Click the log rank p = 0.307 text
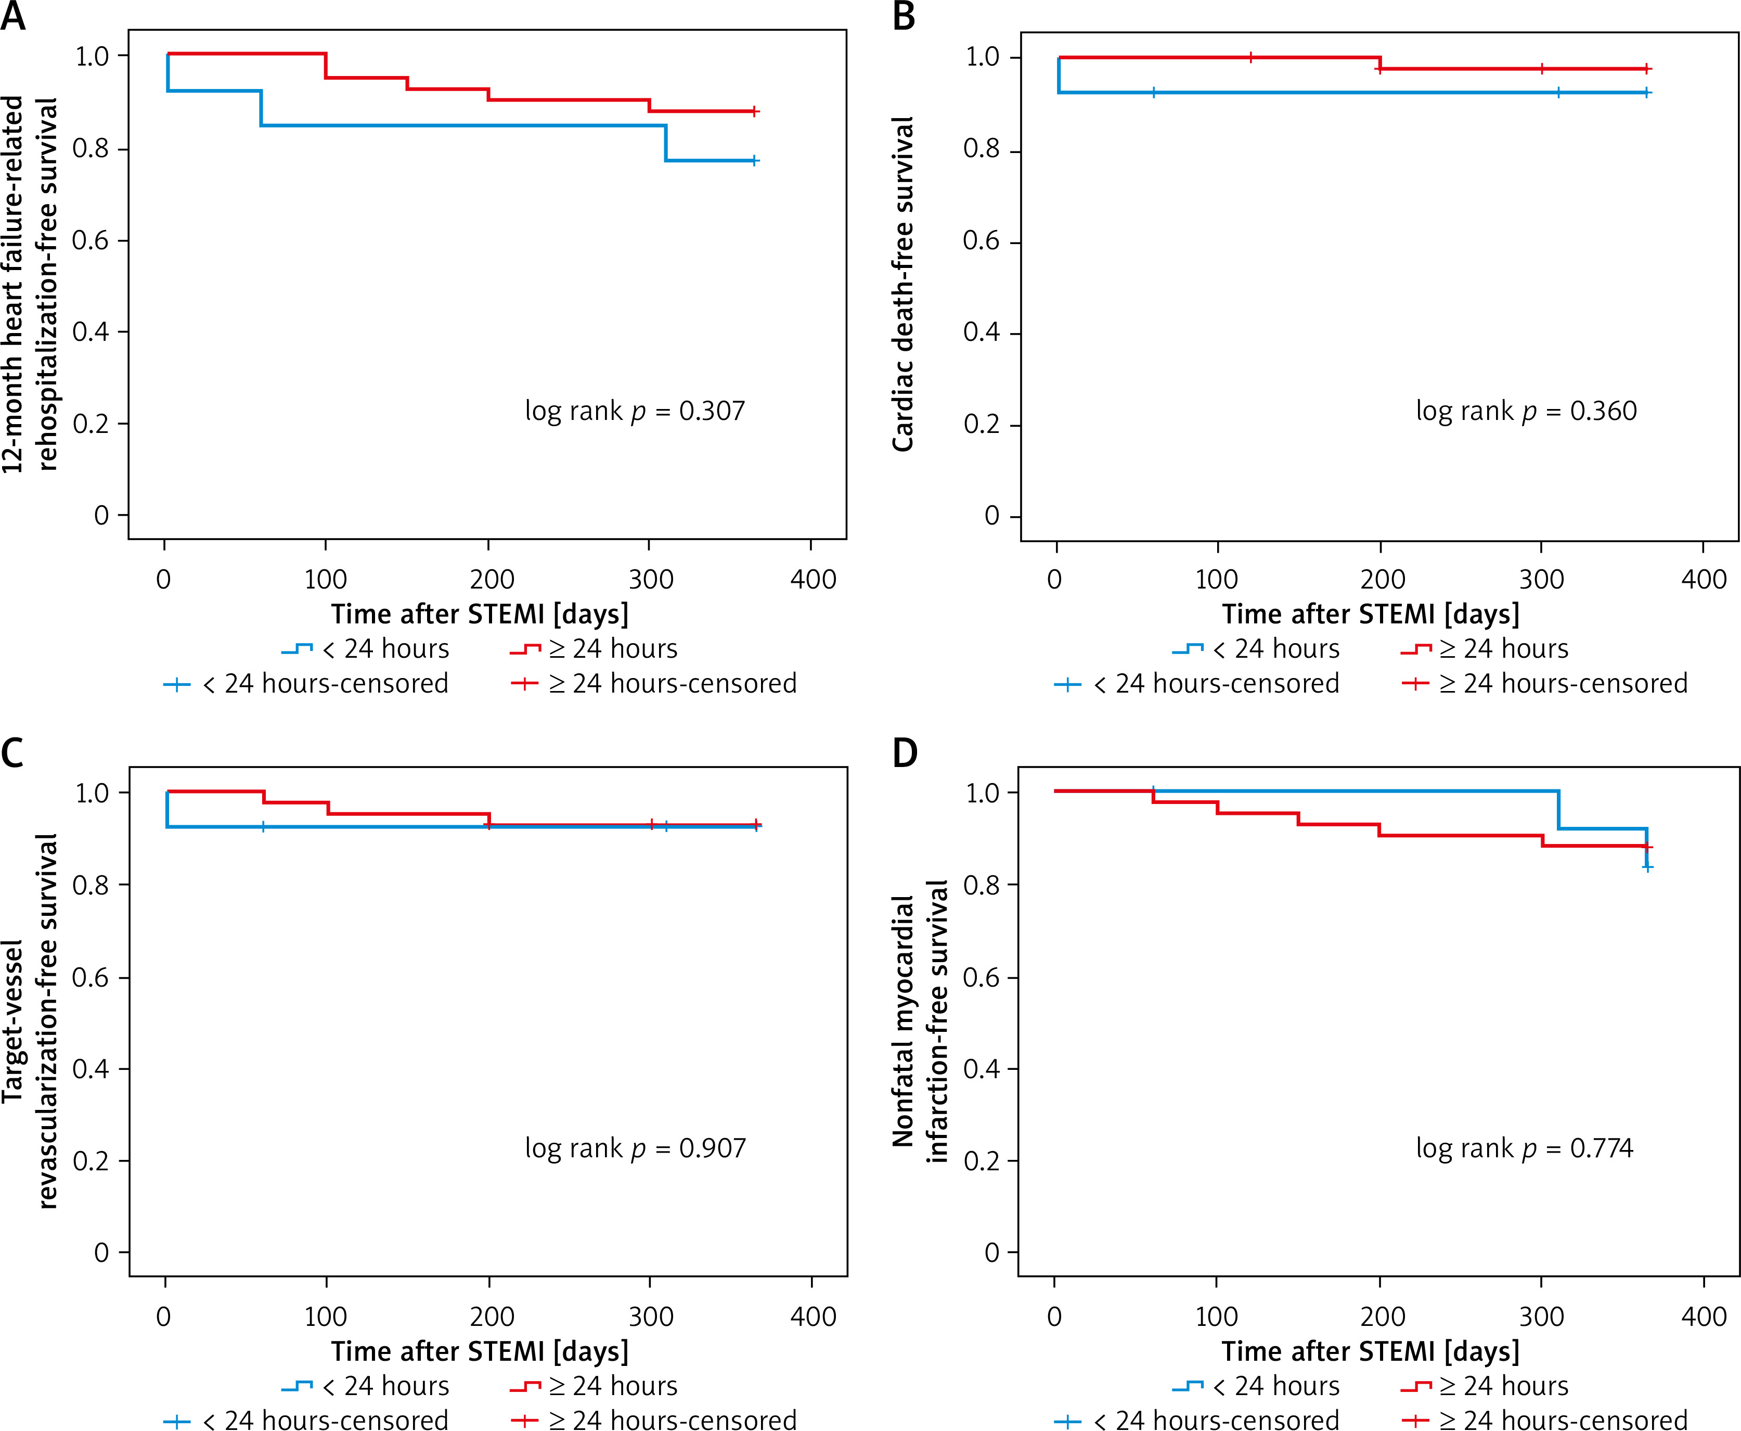635,411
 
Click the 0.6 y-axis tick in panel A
91,241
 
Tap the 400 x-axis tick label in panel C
813,1317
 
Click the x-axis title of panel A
480,614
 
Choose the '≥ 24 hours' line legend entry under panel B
1485,649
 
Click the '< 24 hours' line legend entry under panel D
1257,1386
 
